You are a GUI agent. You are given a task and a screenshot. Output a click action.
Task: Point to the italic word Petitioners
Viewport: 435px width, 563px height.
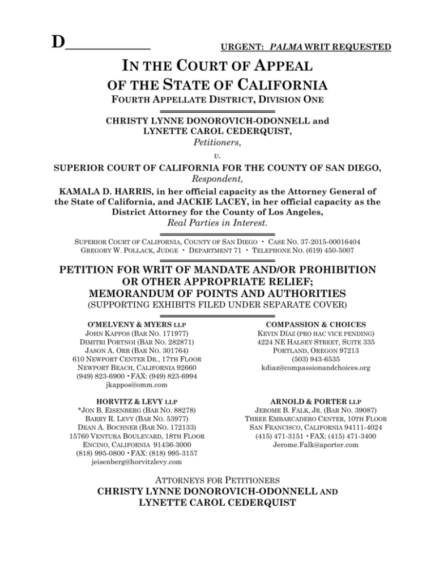(x=217, y=143)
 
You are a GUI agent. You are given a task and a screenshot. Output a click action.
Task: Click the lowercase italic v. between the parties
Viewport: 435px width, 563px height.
(x=217, y=155)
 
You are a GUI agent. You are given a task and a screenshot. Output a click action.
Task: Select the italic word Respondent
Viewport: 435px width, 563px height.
(x=217, y=177)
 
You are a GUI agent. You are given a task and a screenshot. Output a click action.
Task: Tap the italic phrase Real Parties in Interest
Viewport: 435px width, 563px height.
(x=217, y=224)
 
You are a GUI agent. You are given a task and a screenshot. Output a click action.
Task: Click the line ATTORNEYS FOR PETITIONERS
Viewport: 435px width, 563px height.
(x=217, y=491)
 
